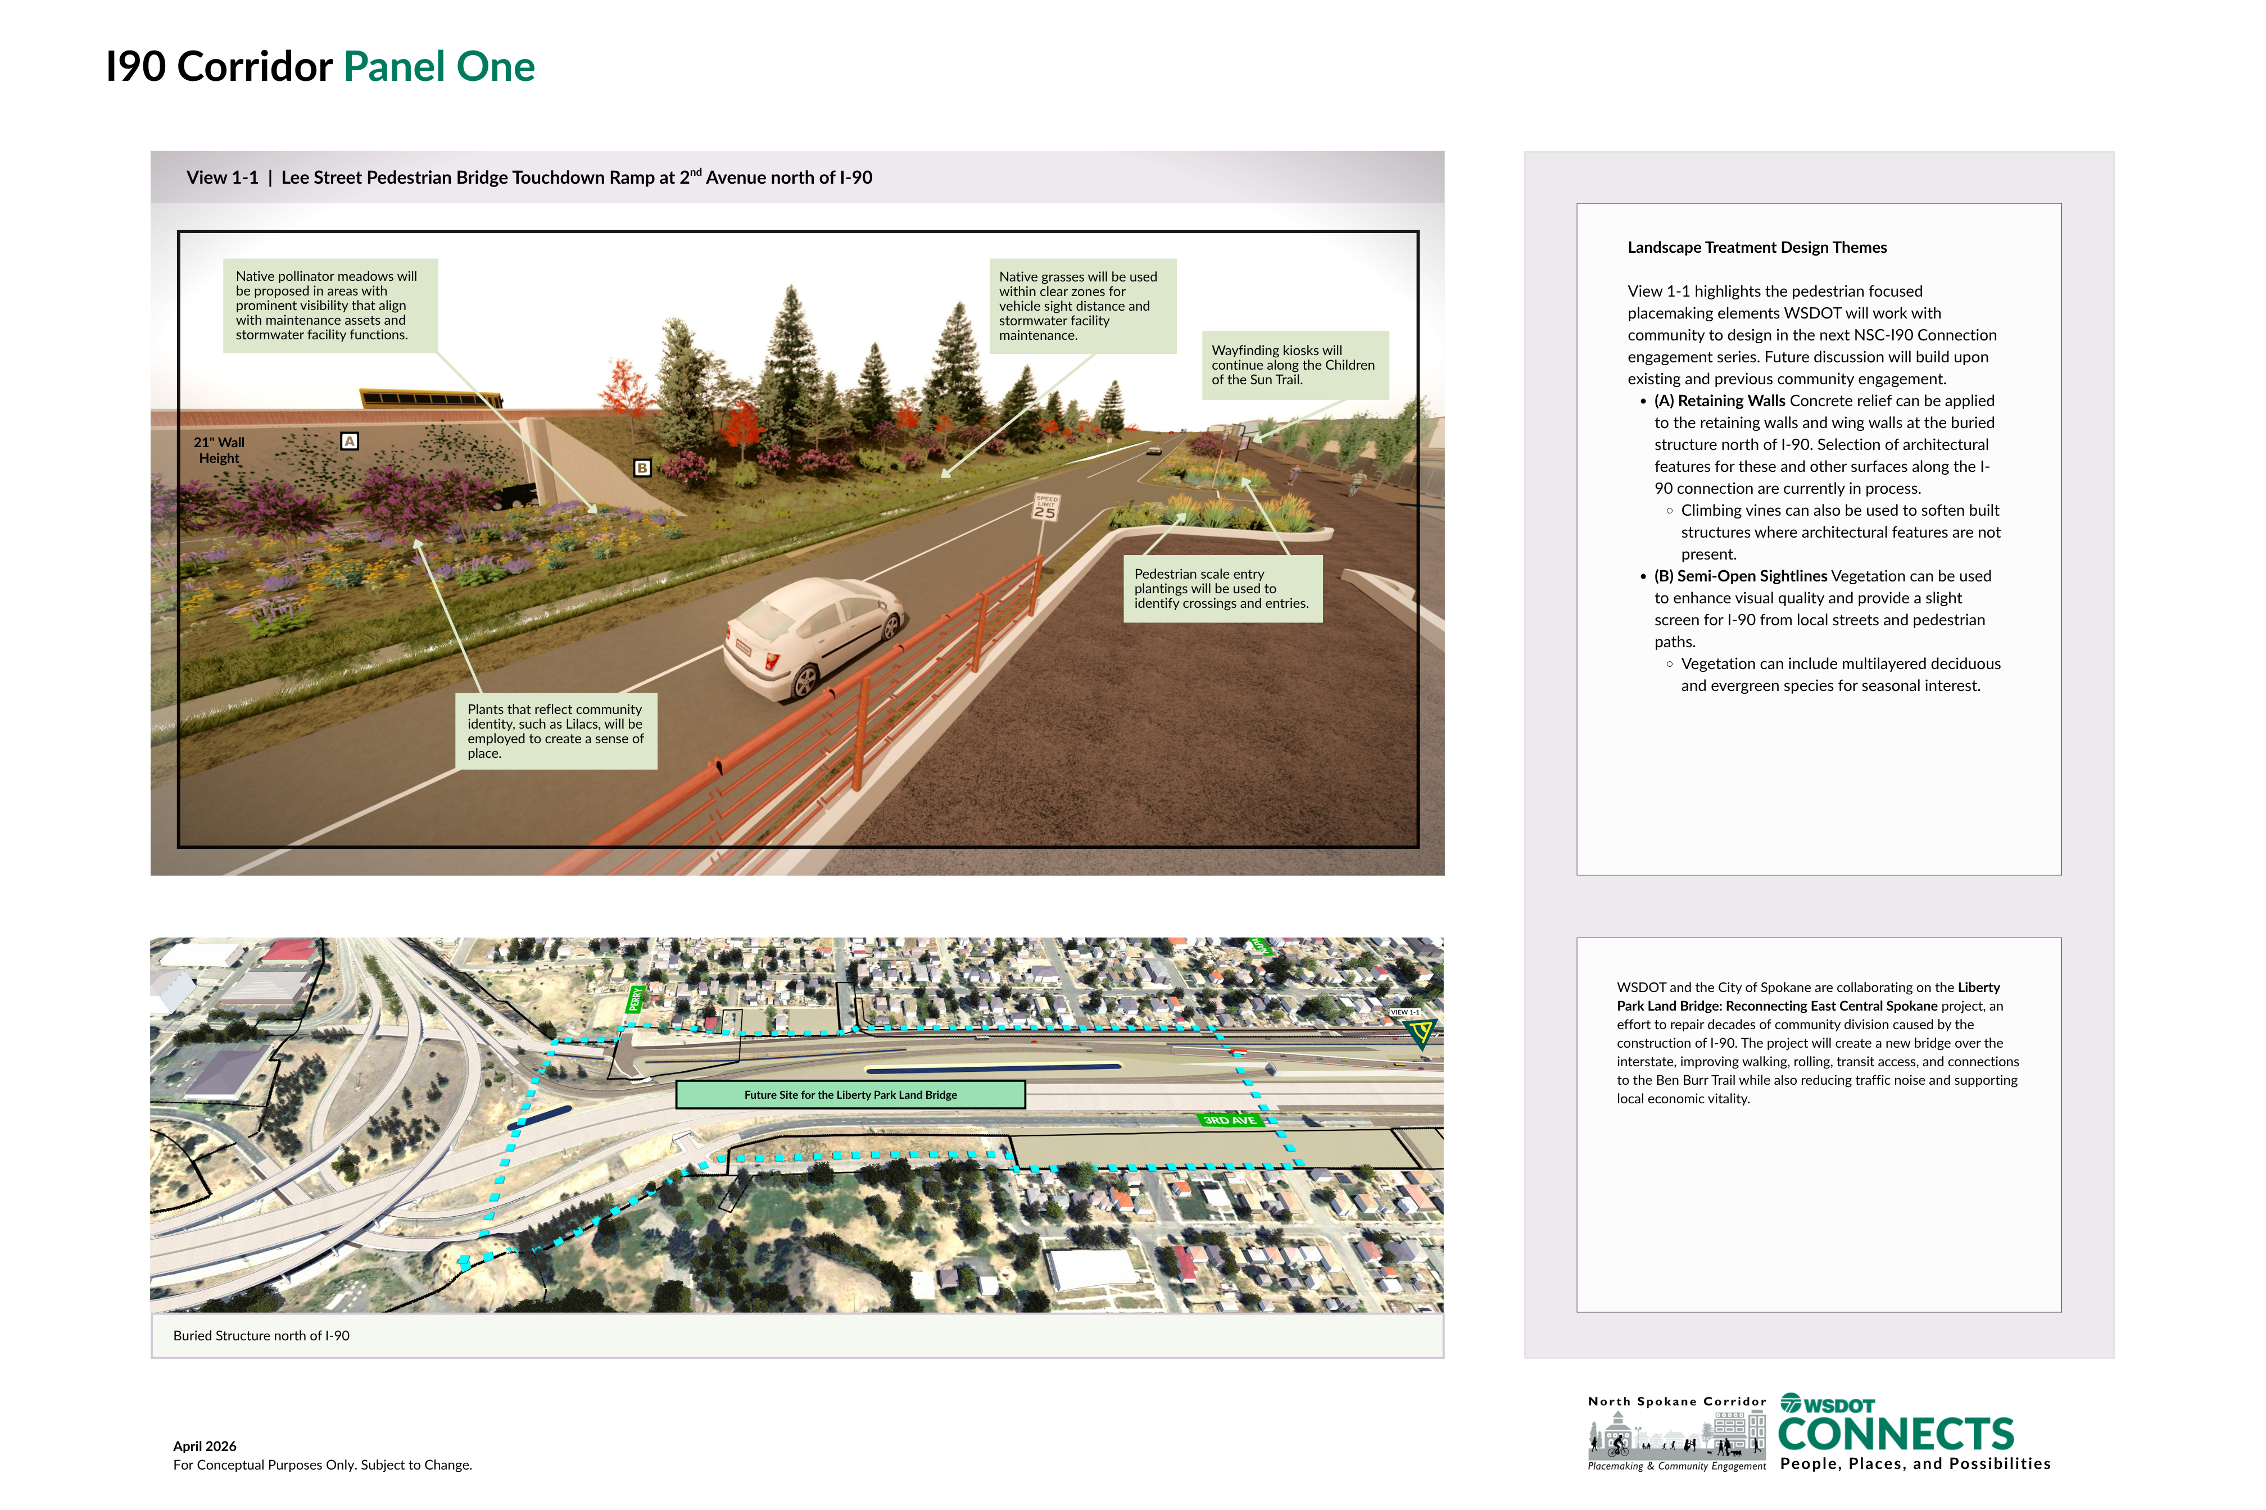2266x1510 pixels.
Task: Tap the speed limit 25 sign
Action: [1045, 507]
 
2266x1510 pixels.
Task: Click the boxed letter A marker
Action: [350, 441]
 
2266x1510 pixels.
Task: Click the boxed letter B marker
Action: [642, 468]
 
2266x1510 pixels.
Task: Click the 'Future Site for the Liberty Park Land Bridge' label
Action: [851, 1095]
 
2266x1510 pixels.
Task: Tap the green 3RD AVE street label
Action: [1230, 1120]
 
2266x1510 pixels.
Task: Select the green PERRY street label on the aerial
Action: [635, 999]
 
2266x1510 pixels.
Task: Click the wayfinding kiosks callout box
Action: [1294, 365]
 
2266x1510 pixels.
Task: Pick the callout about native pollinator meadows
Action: [330, 305]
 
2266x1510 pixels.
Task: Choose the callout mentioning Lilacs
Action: [556, 731]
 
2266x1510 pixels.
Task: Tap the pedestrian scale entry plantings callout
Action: [1222, 588]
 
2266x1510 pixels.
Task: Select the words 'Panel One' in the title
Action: [439, 66]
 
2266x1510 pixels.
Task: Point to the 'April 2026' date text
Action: [204, 1447]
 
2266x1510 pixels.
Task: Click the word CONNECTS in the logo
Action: [1895, 1434]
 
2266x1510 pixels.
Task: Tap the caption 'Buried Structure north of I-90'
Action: [261, 1336]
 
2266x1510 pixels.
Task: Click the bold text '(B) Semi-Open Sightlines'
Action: [1740, 576]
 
